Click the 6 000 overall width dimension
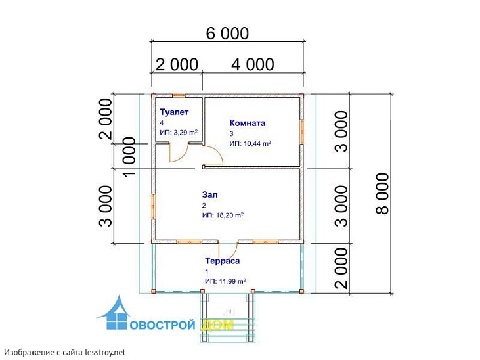click(x=227, y=34)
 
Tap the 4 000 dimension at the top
click(x=253, y=64)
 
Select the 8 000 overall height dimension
click(x=382, y=193)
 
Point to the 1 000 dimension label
click(x=129, y=157)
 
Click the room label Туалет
click(x=174, y=112)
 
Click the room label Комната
click(x=248, y=123)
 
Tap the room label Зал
click(x=210, y=195)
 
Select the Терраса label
click(x=222, y=261)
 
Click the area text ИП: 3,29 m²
click(x=179, y=133)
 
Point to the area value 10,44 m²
click(x=257, y=143)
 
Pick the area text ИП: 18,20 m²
click(x=223, y=215)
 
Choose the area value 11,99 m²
click(x=232, y=281)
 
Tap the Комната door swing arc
click(x=217, y=152)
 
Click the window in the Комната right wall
click(x=302, y=132)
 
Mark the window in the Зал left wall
click(x=154, y=206)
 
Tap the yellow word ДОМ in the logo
click(x=217, y=325)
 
